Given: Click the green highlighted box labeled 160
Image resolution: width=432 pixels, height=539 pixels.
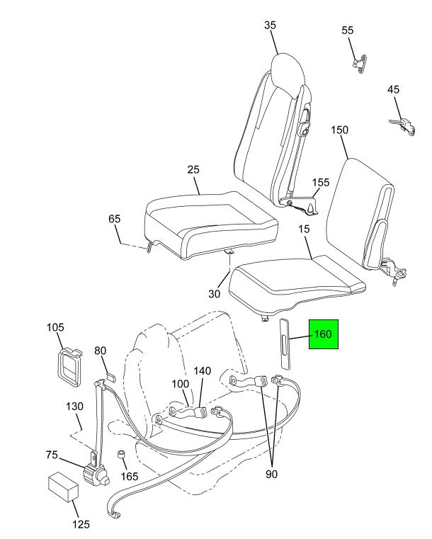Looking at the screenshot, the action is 324,334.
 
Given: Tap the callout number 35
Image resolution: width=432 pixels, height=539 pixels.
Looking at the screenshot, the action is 270,25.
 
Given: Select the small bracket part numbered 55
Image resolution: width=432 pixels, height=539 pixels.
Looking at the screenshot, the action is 360,64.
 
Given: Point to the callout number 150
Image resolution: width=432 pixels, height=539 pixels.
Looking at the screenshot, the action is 339,130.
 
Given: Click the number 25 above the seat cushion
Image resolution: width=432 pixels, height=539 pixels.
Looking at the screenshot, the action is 193,169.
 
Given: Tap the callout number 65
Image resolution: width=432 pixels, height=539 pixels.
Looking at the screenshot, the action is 115,219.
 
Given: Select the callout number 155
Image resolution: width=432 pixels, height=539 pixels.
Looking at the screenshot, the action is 321,182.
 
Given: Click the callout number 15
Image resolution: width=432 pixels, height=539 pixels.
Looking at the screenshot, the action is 304,229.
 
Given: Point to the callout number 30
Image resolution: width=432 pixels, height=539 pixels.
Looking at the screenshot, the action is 214,294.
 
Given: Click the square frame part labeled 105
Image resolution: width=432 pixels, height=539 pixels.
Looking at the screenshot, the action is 70,365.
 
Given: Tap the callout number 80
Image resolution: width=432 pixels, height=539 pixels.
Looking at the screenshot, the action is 101,351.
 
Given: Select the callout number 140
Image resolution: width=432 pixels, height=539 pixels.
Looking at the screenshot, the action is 202,371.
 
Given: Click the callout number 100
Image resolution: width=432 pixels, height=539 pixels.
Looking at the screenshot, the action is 181,384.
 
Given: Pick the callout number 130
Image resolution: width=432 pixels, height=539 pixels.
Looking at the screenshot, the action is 74,407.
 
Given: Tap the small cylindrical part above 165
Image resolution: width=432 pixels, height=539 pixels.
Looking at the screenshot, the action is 121,454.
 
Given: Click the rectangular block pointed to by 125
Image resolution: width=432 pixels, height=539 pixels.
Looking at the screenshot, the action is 63,487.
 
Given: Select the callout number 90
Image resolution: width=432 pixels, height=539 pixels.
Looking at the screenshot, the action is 271,474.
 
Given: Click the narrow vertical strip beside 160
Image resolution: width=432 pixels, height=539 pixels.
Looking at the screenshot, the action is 285,344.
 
